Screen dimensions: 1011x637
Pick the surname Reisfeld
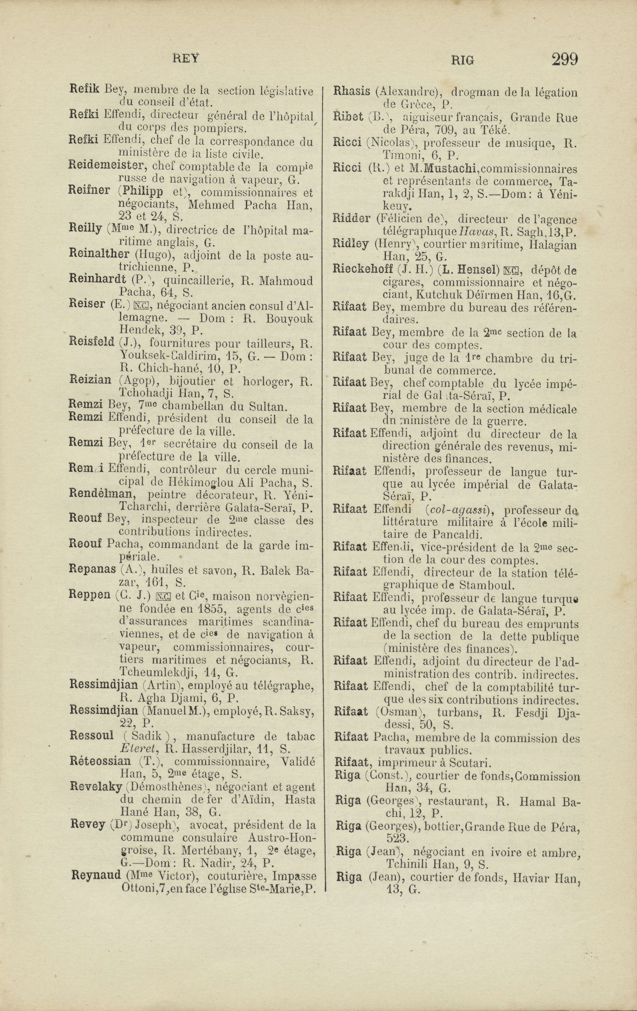point(92,342)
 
